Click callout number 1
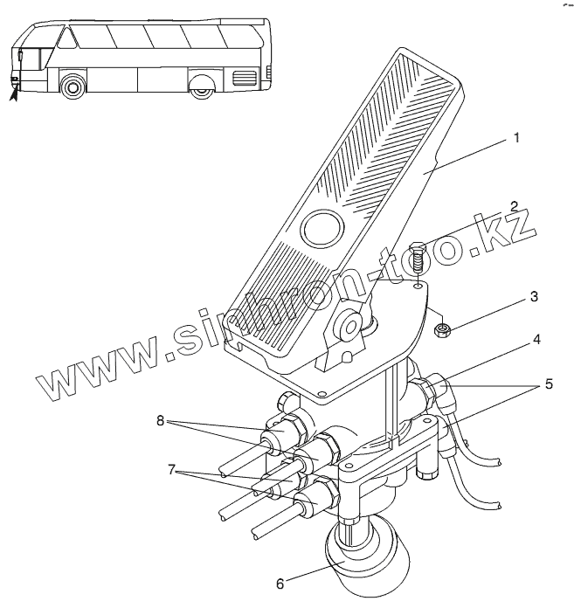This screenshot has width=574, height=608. pos(517,138)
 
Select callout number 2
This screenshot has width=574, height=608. pos(515,207)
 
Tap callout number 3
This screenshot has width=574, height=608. pos(533,298)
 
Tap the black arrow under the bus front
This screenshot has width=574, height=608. pos(12,91)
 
